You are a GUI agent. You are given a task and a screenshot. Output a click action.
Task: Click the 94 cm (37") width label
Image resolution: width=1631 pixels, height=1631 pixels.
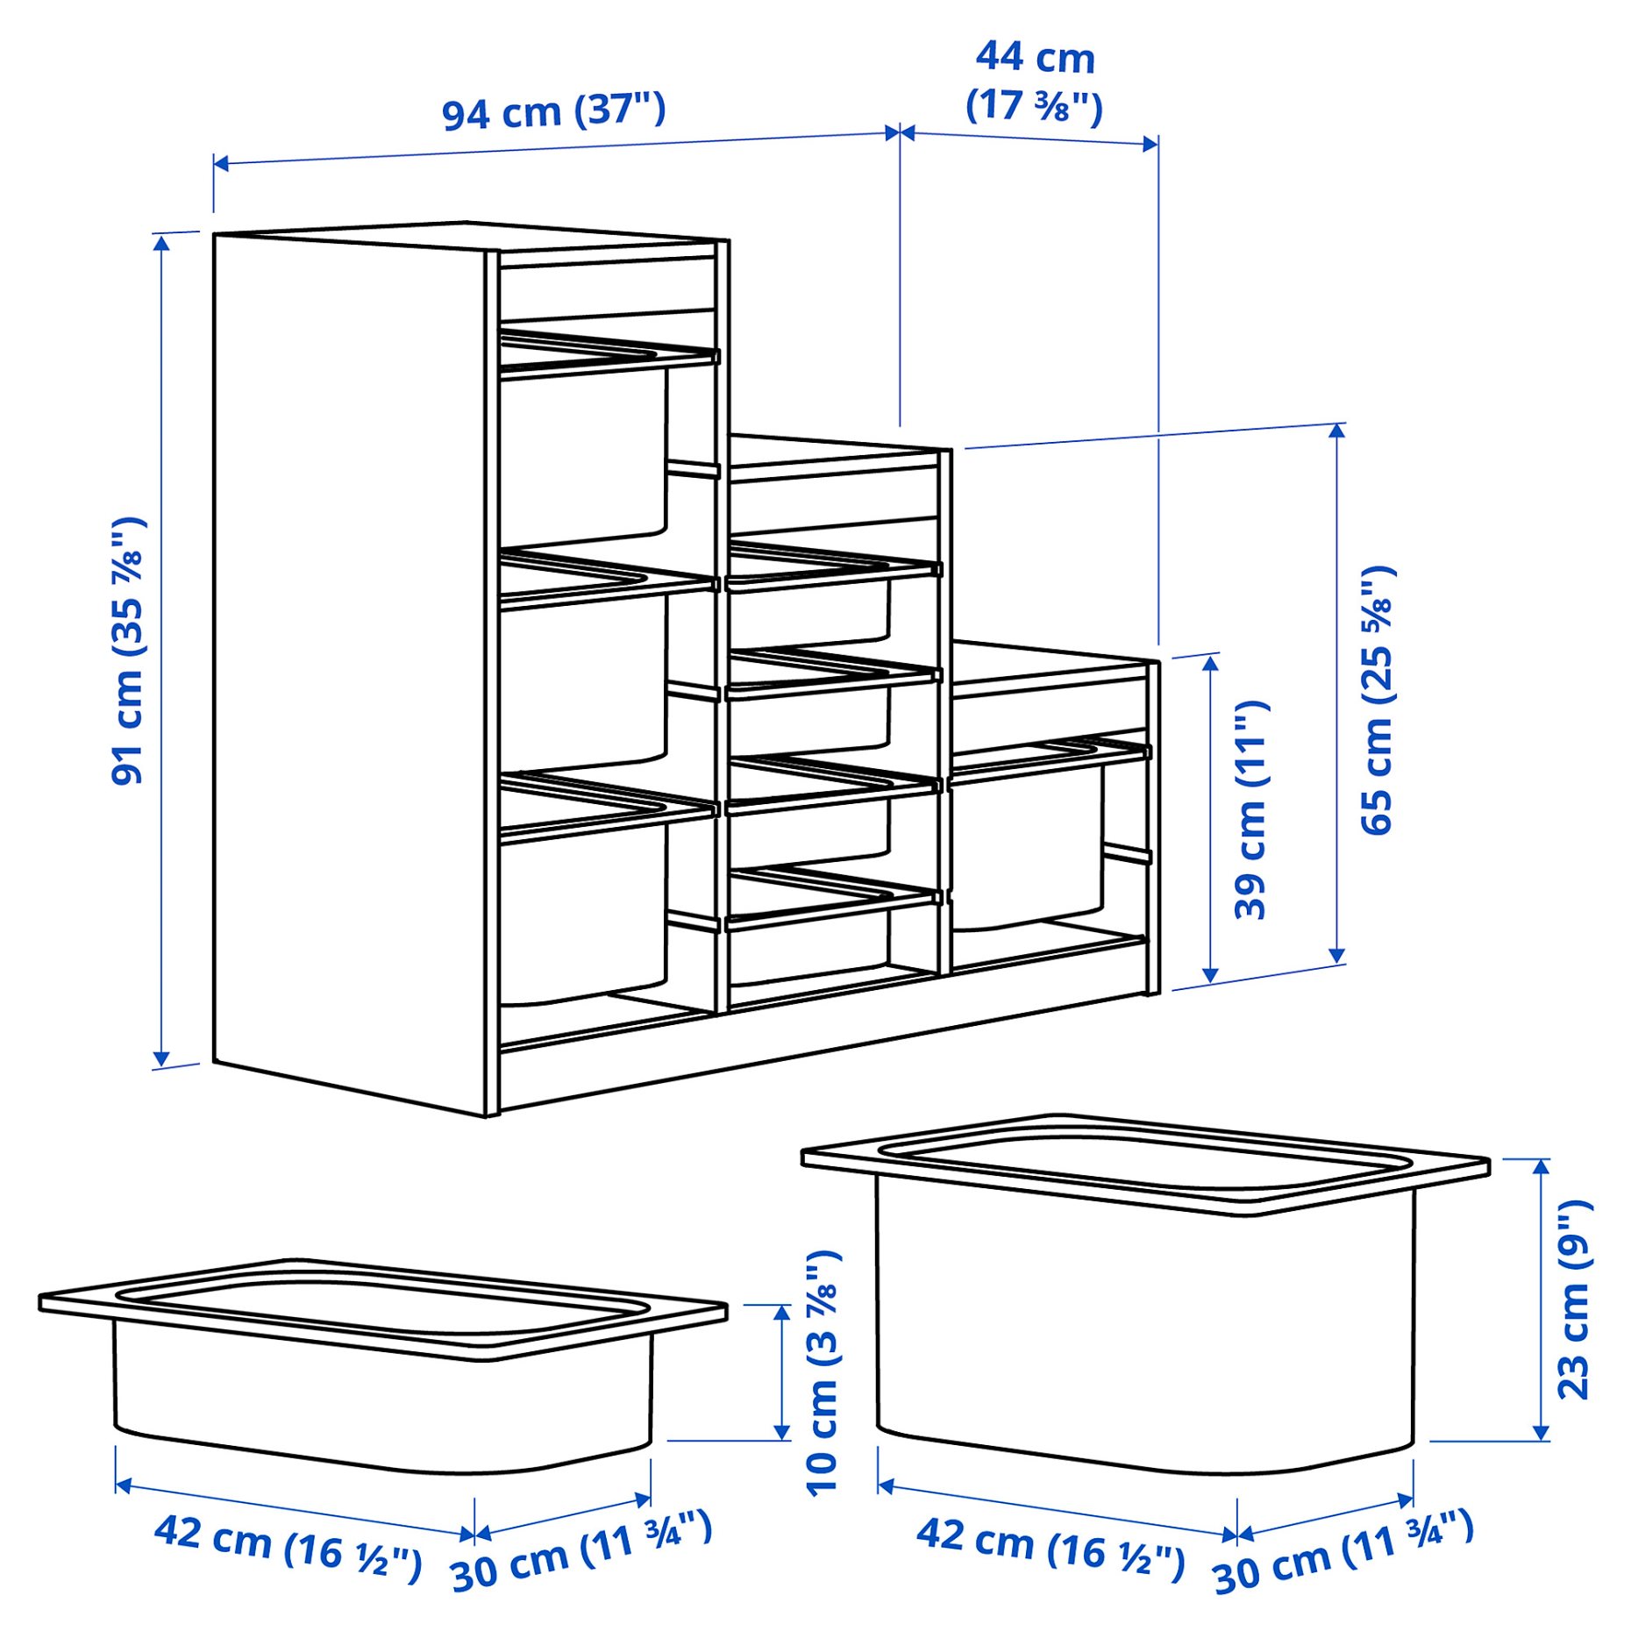[553, 111]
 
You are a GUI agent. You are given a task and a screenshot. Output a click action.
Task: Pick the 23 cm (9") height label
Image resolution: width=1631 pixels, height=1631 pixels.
[1574, 1299]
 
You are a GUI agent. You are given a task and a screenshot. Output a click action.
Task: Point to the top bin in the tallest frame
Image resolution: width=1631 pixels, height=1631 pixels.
[582, 456]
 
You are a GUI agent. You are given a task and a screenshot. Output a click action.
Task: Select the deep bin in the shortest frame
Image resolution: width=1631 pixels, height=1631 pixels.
[1026, 846]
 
